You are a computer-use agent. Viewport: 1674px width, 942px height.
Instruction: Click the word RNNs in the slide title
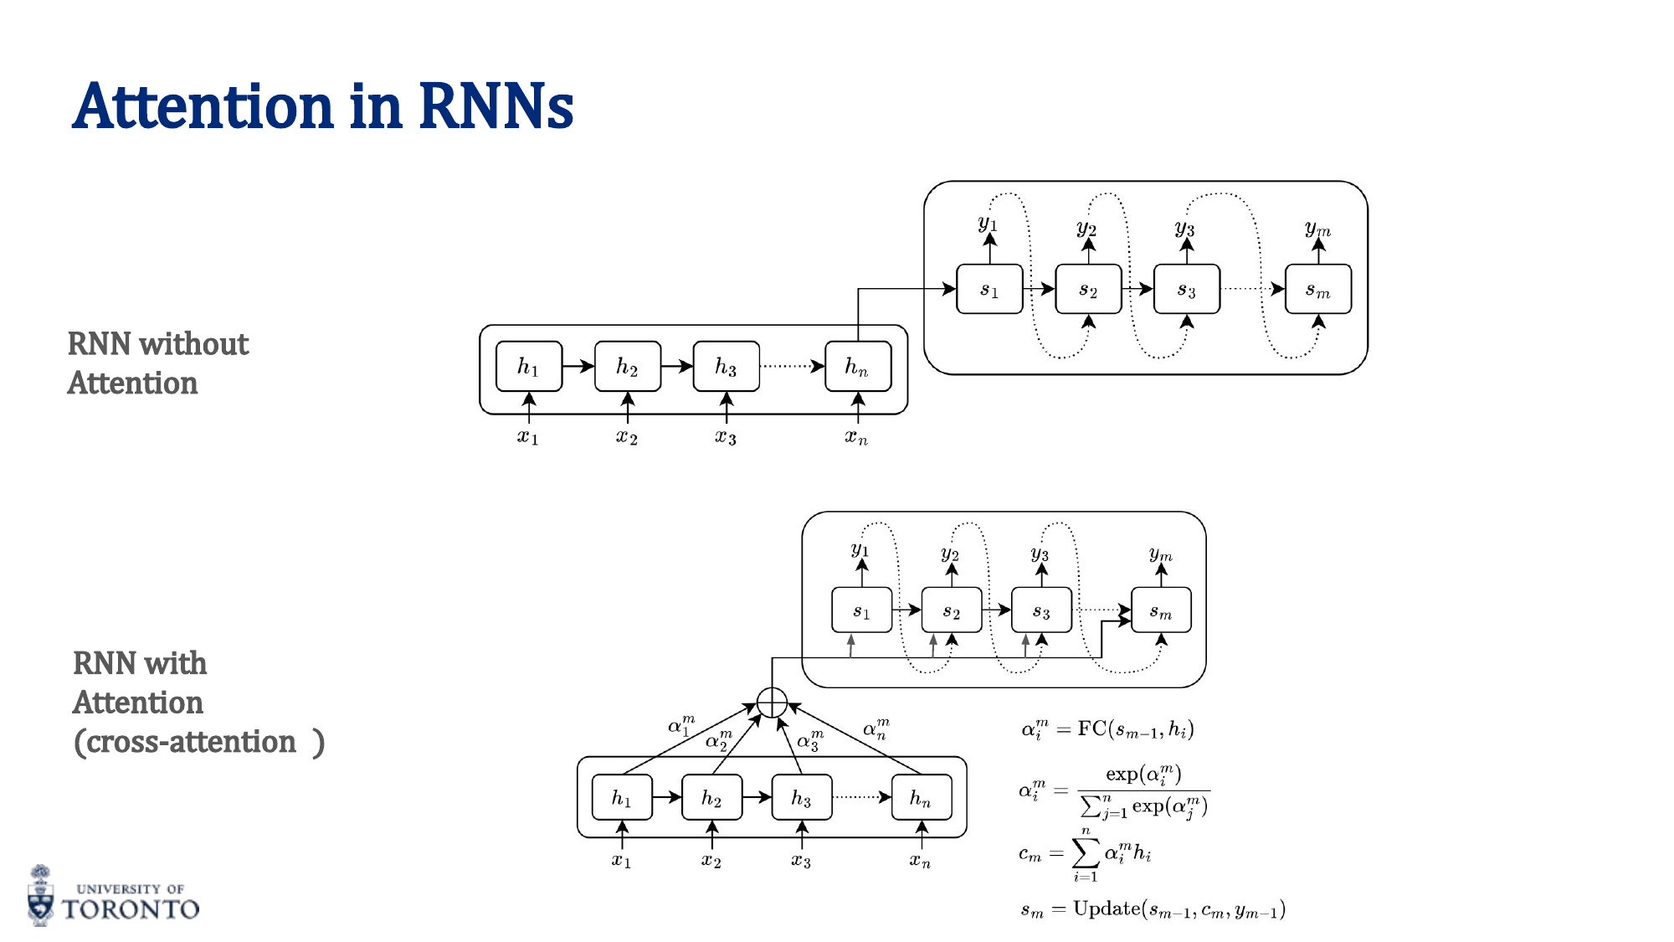496,107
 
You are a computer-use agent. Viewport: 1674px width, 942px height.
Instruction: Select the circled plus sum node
772,703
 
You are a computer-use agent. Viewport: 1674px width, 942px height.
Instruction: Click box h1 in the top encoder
529,367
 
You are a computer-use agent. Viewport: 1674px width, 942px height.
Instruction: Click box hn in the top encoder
857,367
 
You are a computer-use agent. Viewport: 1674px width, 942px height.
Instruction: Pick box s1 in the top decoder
989,290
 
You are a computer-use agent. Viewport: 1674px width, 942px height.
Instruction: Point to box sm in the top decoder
1317,290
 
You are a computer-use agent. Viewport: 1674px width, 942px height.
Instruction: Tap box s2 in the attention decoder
952,610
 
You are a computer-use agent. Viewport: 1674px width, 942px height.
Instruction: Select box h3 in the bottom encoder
801,798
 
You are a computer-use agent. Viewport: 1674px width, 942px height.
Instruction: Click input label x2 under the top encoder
627,437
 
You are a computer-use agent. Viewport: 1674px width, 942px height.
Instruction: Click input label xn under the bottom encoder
920,861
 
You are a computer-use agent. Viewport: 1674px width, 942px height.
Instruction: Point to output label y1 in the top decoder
988,223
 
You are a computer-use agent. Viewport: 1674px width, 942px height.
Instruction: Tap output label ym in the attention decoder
1161,554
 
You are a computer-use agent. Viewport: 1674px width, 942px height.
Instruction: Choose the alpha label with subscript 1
681,724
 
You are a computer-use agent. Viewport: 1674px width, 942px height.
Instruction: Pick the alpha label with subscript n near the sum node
876,728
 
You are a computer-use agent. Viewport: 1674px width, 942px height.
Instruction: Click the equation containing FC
1107,729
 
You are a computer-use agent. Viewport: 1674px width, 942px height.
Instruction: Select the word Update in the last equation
1107,909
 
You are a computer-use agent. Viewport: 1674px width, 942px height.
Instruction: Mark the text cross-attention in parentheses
192,742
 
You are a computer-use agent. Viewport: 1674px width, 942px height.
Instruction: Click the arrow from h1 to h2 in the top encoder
578,367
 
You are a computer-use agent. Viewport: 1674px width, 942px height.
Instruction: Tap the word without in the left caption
193,344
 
